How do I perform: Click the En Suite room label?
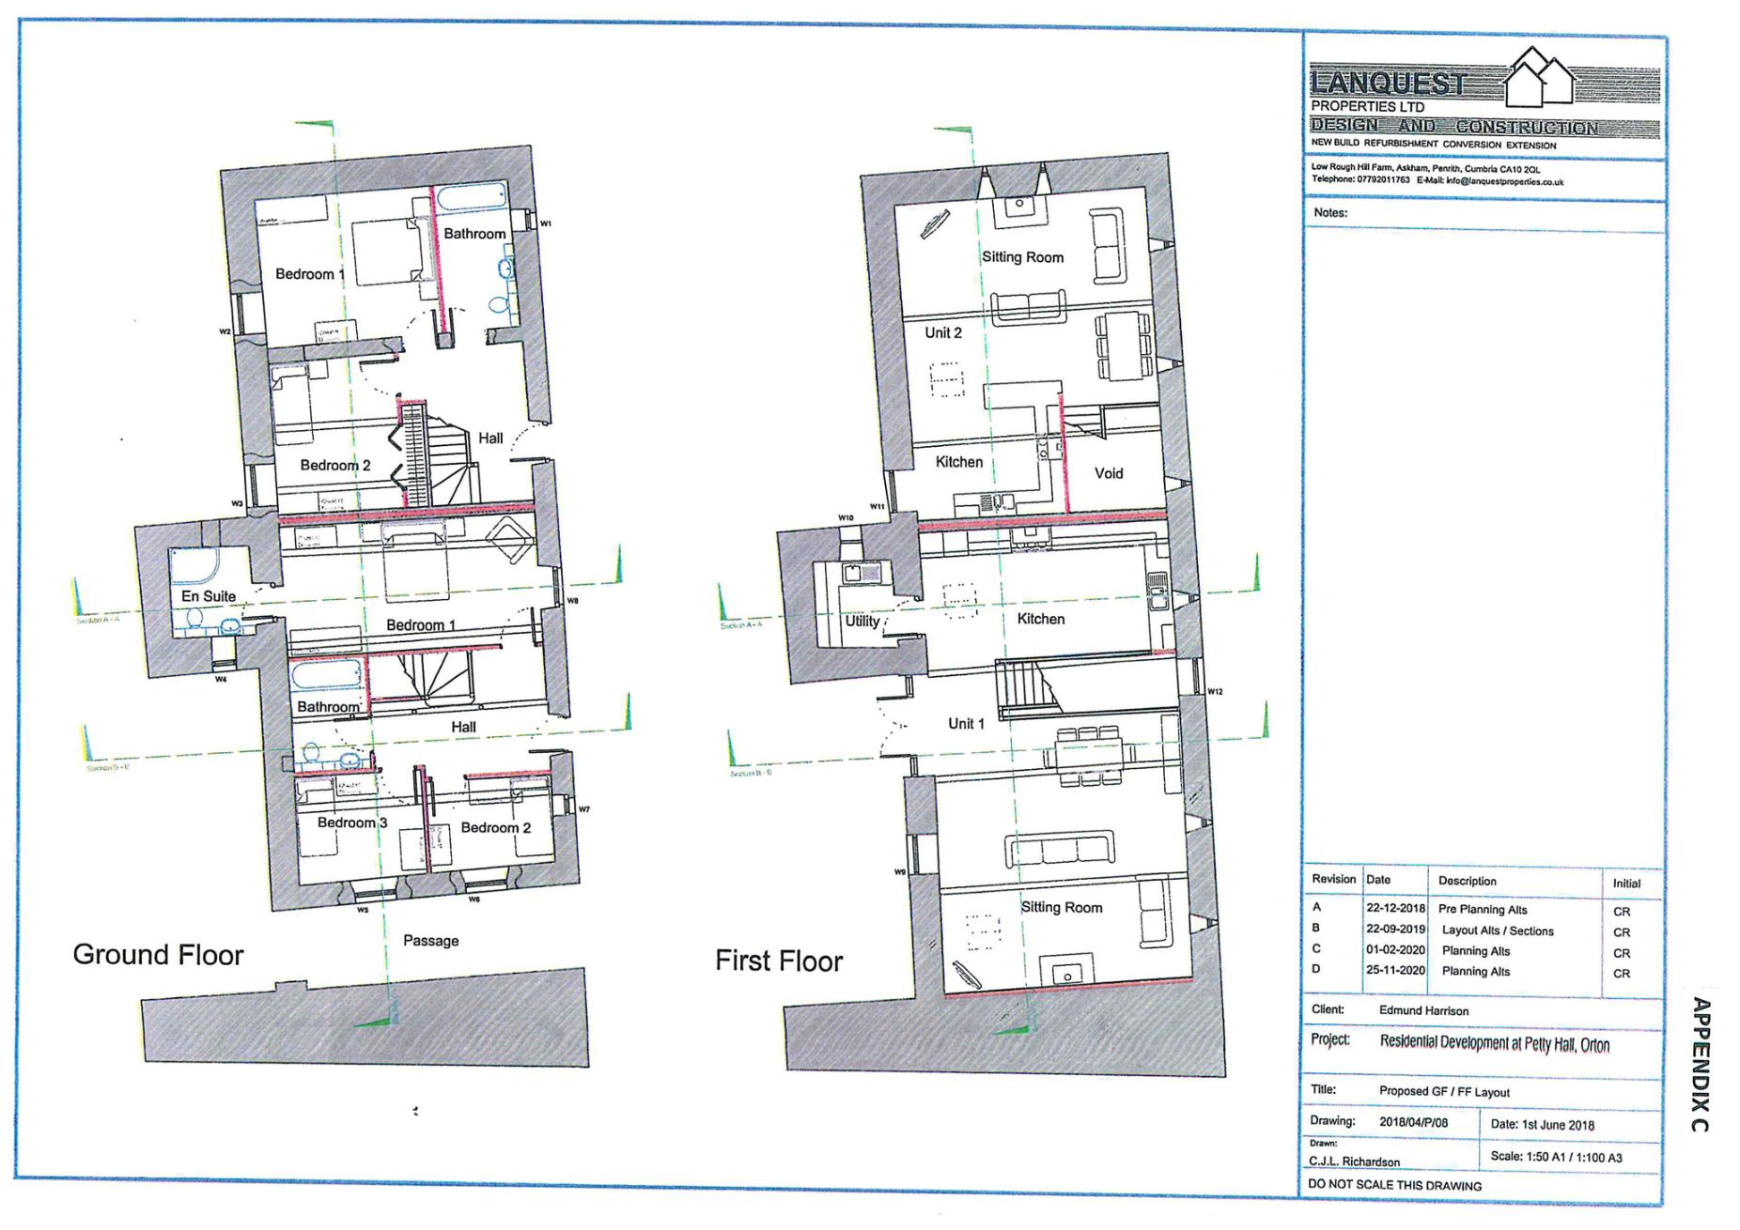(x=209, y=596)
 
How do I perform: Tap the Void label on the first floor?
(x=1109, y=473)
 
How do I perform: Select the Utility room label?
(x=862, y=621)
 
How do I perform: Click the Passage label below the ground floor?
(x=430, y=941)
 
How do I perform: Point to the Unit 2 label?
(x=943, y=332)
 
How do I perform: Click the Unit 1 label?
(x=966, y=724)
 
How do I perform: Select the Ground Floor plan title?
(x=158, y=955)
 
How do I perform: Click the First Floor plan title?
(x=779, y=961)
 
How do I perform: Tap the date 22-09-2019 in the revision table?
(x=1395, y=930)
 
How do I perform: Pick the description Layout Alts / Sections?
(x=1498, y=930)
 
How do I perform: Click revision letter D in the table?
(x=1316, y=969)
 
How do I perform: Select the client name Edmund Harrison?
(x=1423, y=1011)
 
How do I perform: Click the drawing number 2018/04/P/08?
(x=1413, y=1122)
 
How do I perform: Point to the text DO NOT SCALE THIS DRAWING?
(x=1394, y=1186)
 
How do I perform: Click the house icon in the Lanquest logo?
(x=1539, y=77)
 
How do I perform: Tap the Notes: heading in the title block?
(x=1330, y=213)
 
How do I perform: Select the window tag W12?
(x=1215, y=692)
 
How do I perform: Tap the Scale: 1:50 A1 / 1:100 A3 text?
(x=1556, y=1158)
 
